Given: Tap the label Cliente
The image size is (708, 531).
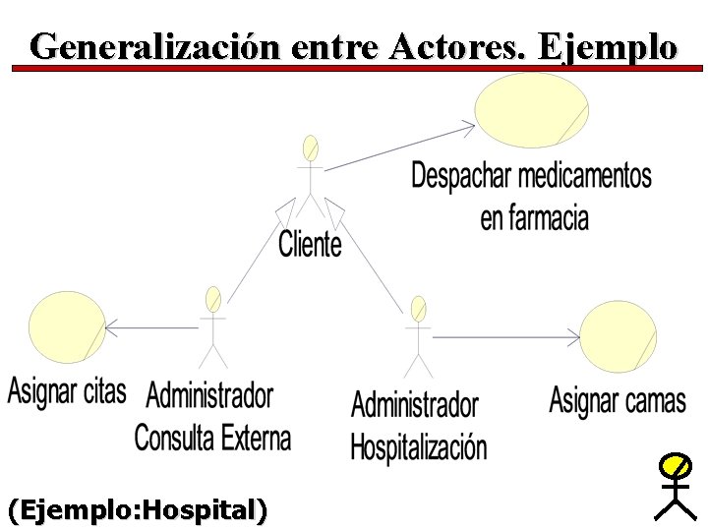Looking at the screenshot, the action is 310,244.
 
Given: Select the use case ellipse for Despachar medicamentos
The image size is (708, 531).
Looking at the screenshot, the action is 532,110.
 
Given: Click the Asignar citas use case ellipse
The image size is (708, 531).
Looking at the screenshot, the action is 67,328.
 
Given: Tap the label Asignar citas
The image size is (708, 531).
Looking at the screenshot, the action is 67,391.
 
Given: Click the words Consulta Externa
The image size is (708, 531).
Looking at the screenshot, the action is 212,437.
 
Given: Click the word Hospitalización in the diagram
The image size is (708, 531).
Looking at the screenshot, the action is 418,446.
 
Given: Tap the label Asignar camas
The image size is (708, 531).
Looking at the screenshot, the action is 618,400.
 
